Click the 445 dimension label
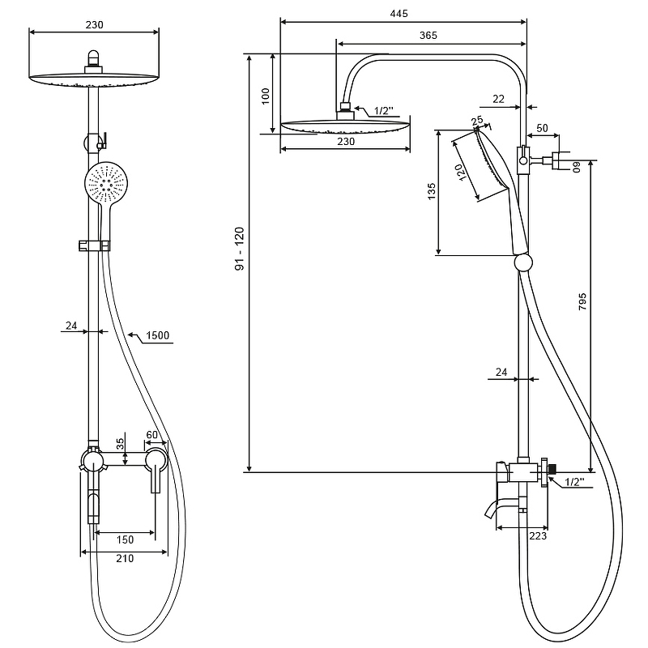398,14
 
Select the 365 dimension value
428,35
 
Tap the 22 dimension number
497,99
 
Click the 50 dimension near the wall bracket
542,129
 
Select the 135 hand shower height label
431,192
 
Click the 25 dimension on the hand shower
477,122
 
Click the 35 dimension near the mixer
121,444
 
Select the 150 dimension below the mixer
125,539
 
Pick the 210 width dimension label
124,558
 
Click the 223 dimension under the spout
537,535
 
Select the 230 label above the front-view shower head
93,25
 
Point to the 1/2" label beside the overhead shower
384,111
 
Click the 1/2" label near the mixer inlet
574,481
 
